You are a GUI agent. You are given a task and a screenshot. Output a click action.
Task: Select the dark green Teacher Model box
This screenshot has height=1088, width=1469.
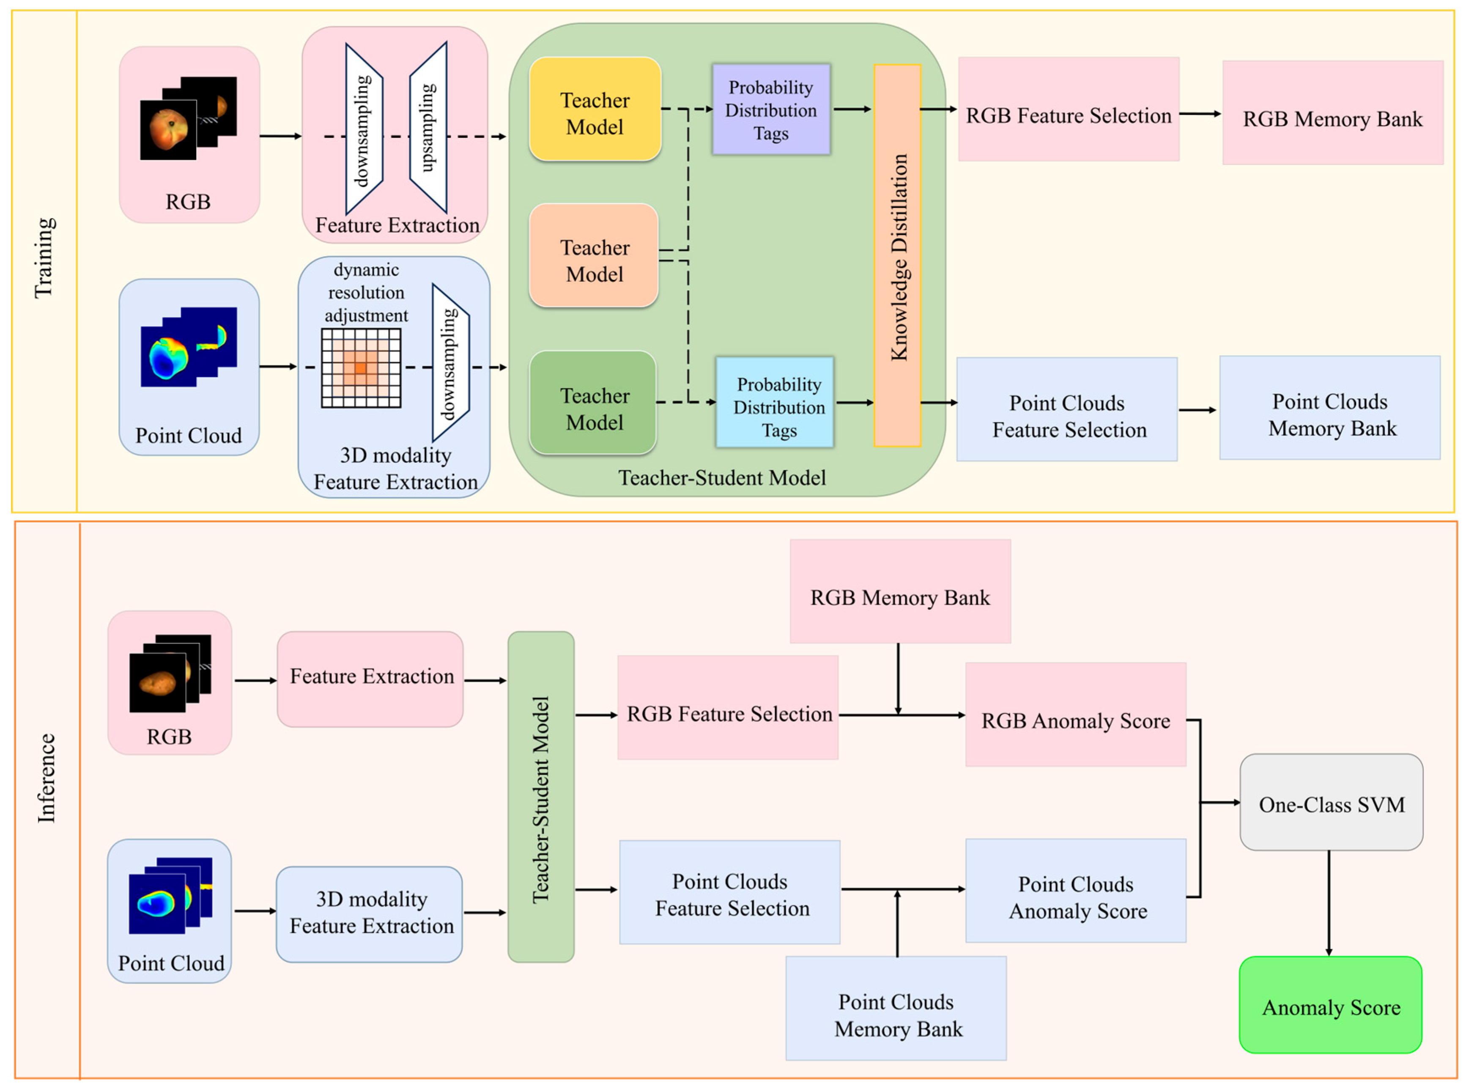pyautogui.click(x=592, y=403)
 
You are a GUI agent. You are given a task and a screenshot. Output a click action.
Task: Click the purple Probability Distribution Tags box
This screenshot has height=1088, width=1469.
pyautogui.click(x=770, y=110)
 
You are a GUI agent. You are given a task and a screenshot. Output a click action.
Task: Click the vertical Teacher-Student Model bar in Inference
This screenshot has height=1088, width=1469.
pyautogui.click(x=540, y=797)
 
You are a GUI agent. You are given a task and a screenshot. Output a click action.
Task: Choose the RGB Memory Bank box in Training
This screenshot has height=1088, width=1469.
pyautogui.click(x=1332, y=113)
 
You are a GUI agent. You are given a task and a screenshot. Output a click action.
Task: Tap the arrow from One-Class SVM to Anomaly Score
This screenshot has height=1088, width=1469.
pyautogui.click(x=1329, y=902)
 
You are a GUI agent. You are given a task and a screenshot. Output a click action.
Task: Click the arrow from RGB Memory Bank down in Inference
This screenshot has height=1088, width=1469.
pyautogui.click(x=898, y=678)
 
